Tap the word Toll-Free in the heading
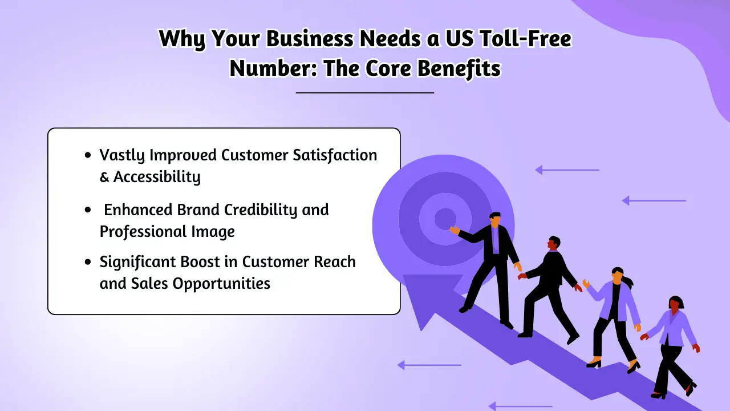point(524,40)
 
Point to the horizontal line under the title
point(365,92)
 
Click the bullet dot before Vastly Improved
point(87,155)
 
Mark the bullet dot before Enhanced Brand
point(87,210)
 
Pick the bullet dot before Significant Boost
point(87,263)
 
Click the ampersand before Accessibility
point(104,177)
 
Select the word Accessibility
point(157,177)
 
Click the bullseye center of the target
point(444,219)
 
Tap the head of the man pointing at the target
point(495,219)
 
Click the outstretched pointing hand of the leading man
point(454,230)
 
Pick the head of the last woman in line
point(676,304)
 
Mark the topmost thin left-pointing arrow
point(567,170)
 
